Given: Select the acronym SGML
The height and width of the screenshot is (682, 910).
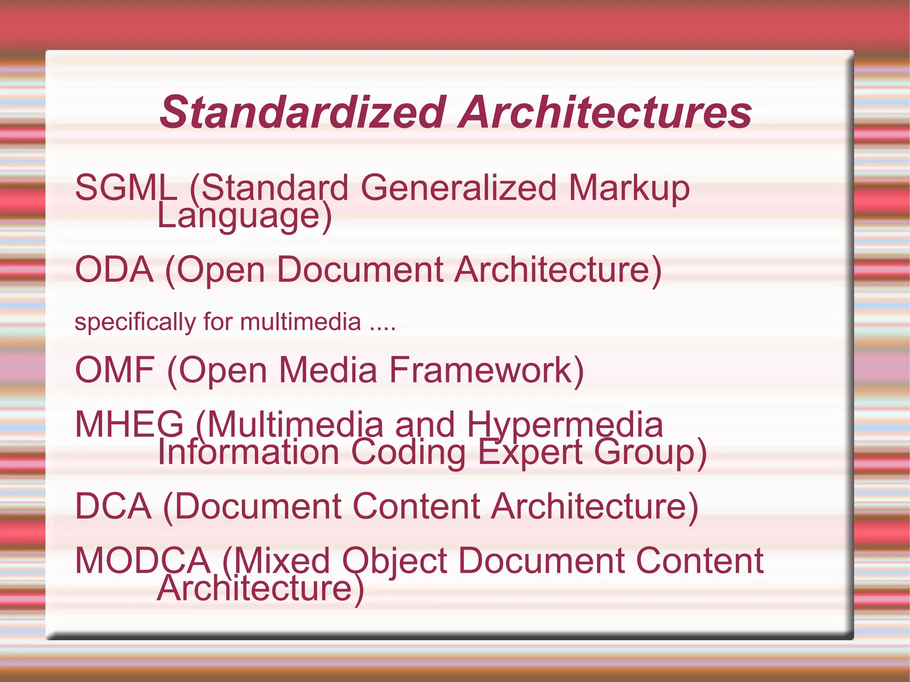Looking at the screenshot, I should point(126,188).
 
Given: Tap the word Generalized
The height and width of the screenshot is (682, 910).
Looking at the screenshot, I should point(458,188).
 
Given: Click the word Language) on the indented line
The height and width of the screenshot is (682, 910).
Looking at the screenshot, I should point(244,216).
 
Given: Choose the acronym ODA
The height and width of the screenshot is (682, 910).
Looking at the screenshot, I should point(114,270).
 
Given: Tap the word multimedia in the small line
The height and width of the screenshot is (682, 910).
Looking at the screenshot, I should point(300,322).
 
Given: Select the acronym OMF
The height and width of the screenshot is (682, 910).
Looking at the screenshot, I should point(115,370).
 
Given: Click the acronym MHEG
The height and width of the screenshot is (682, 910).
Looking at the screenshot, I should point(129,425).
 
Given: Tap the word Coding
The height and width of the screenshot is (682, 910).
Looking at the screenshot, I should point(408,453).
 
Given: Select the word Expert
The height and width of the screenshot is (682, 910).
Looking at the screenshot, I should point(530,453).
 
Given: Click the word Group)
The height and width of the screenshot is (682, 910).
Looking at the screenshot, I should point(650,453).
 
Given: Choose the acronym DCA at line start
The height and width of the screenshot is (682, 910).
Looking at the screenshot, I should point(113,506).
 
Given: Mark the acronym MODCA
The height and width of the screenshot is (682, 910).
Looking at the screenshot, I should point(143,561).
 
